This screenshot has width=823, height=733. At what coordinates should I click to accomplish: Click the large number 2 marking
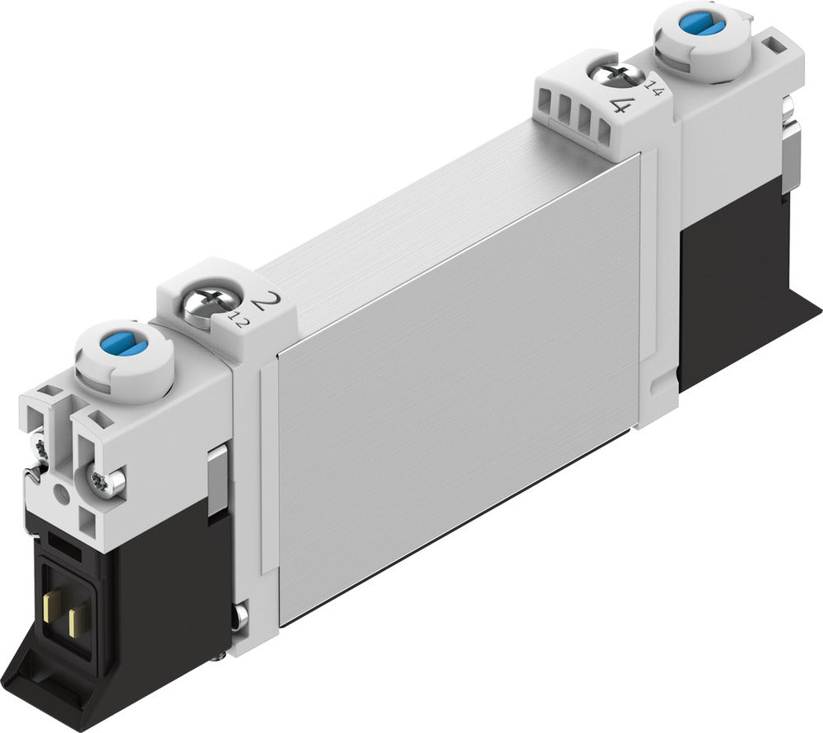[264, 303]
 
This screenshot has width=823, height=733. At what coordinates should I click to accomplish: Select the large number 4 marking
[623, 104]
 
